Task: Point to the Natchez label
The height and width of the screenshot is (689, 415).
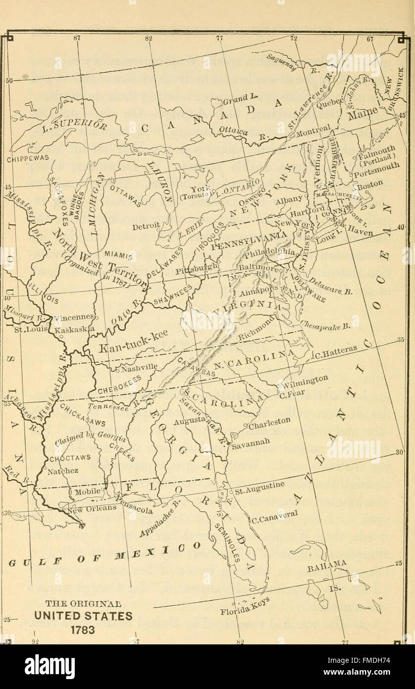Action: [x=62, y=471]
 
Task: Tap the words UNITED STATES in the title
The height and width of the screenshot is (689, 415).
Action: [x=79, y=616]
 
